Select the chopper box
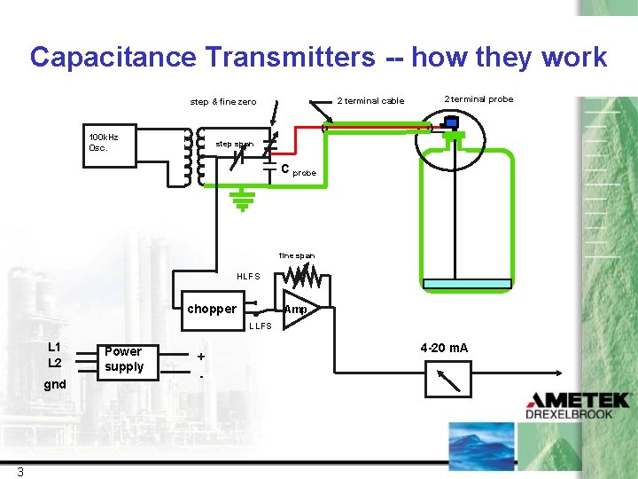click(x=212, y=309)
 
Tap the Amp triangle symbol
click(x=298, y=309)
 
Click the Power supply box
click(x=123, y=359)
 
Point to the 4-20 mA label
click(x=444, y=347)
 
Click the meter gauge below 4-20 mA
click(x=448, y=380)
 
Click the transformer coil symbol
click(x=193, y=159)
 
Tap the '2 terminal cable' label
click(x=370, y=100)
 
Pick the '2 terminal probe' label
click(x=478, y=98)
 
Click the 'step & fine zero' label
click(x=223, y=102)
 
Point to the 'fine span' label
click(x=296, y=255)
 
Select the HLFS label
click(x=248, y=276)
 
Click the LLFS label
click(x=260, y=326)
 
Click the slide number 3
click(x=19, y=471)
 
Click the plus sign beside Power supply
click(x=201, y=356)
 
